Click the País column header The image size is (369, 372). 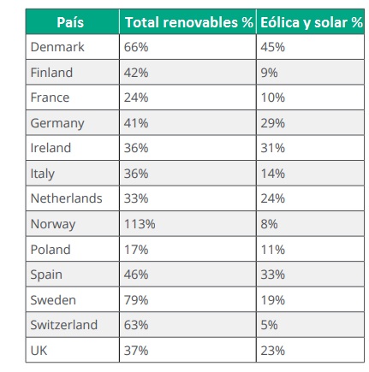[70, 22]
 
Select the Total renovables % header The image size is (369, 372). [189, 22]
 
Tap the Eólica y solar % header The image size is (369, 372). [312, 22]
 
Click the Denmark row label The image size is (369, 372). [57, 47]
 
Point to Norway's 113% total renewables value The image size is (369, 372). [140, 224]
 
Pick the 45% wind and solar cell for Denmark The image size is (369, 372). [272, 47]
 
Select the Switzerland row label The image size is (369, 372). [64, 325]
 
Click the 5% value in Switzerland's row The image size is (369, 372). [269, 325]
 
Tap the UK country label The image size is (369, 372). [39, 351]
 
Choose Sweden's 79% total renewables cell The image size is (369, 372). [136, 300]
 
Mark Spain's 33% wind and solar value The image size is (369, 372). [272, 275]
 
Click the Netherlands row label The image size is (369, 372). [66, 198]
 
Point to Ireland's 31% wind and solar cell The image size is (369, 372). [272, 148]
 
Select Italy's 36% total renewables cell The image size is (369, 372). [136, 174]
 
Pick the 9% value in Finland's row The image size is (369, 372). [269, 73]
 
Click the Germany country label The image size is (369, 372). [57, 123]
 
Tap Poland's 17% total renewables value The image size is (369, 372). [136, 250]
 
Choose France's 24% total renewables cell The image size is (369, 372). [136, 97]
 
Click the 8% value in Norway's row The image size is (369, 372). [269, 224]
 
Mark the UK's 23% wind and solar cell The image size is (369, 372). [272, 351]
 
